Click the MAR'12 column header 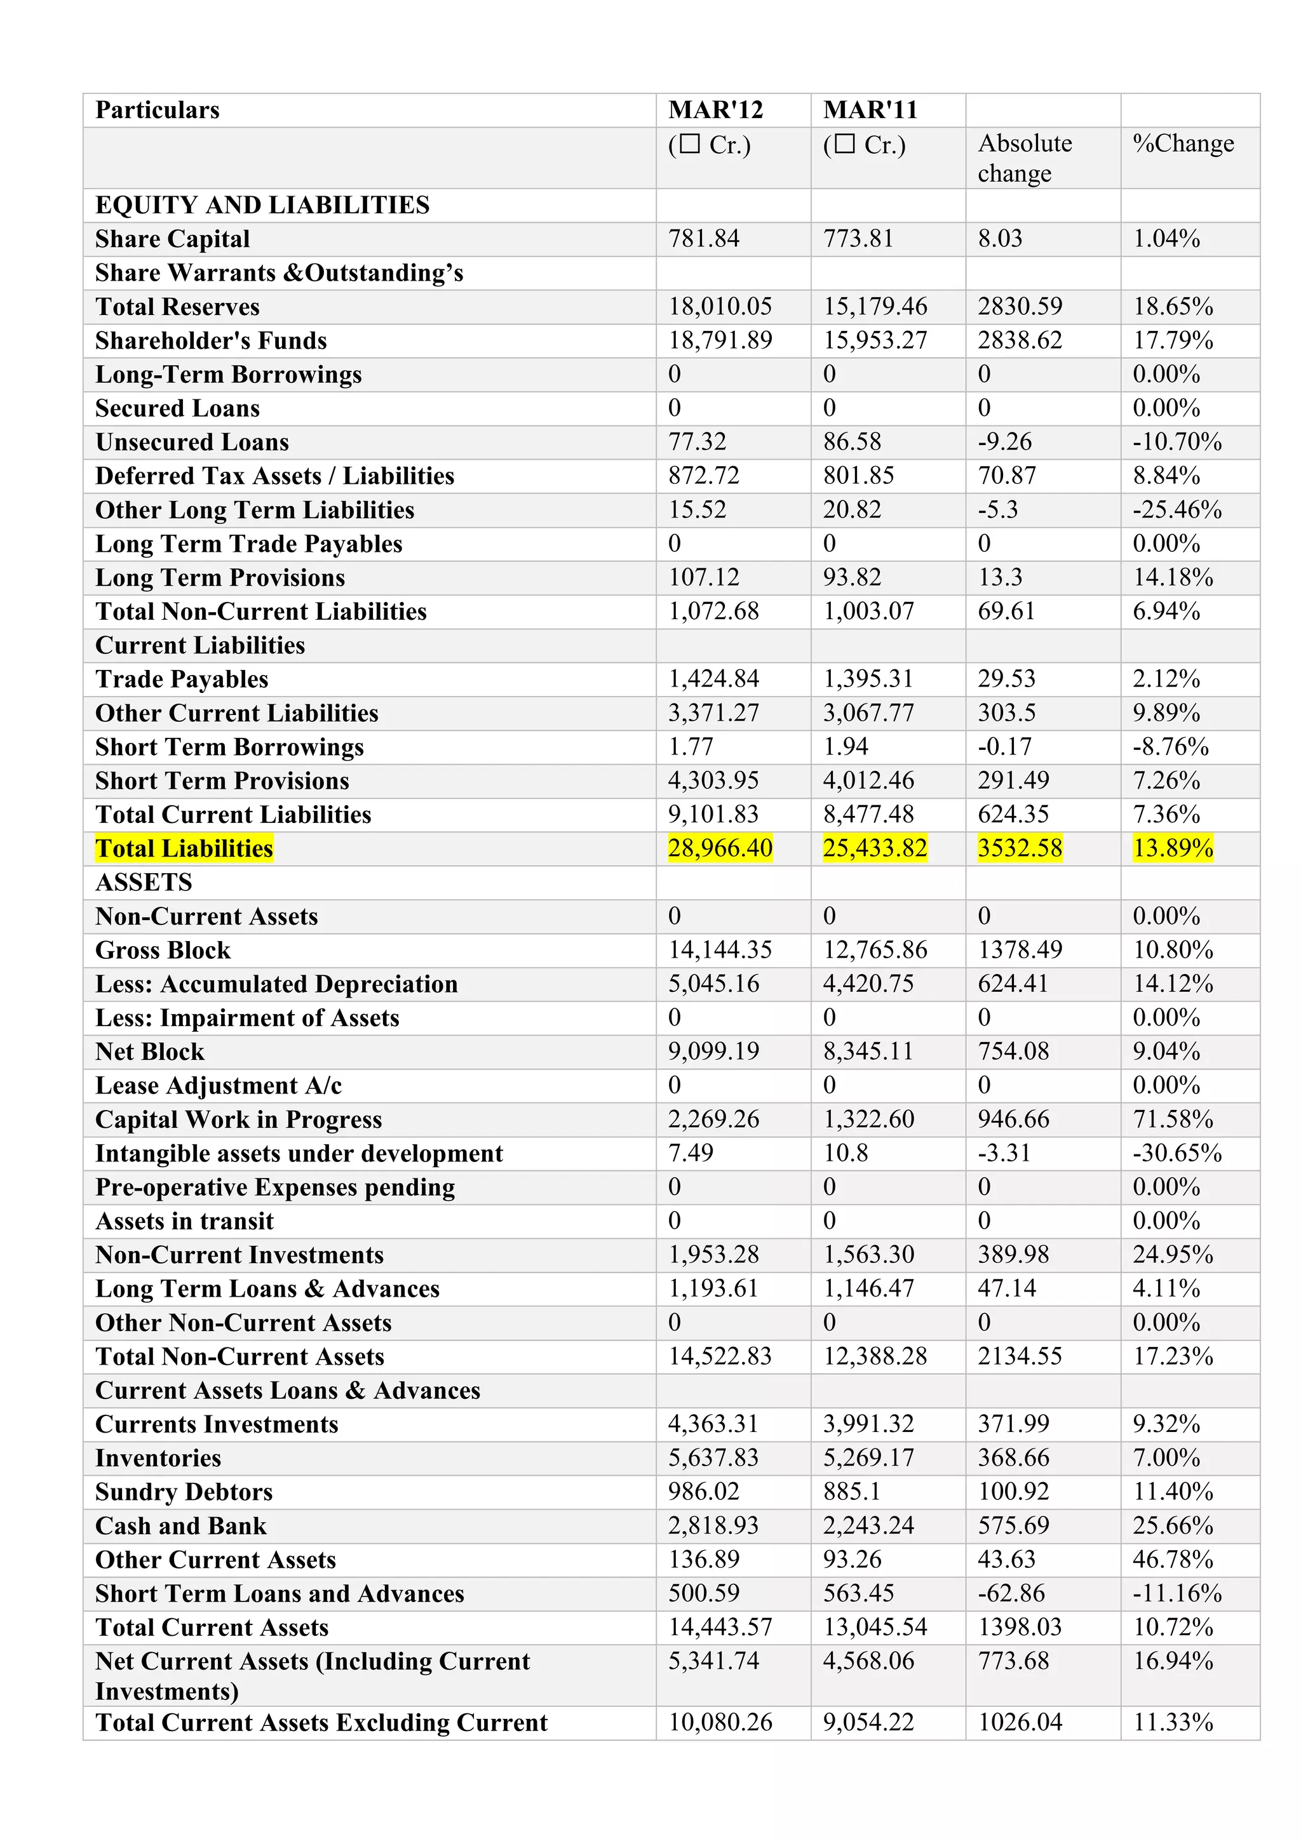(715, 110)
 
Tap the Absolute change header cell (1025, 157)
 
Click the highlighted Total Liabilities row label (184, 848)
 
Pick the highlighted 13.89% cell (1172, 848)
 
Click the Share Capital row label (172, 239)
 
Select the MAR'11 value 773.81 (858, 239)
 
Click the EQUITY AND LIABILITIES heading (262, 205)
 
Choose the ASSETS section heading (144, 882)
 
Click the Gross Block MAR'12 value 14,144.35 (719, 950)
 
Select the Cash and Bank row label (180, 1526)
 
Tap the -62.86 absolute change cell (1011, 1593)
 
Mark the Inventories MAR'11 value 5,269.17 (868, 1458)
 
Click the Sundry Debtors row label (184, 1492)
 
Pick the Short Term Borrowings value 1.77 (690, 747)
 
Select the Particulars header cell (157, 110)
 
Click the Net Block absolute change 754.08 (1013, 1051)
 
